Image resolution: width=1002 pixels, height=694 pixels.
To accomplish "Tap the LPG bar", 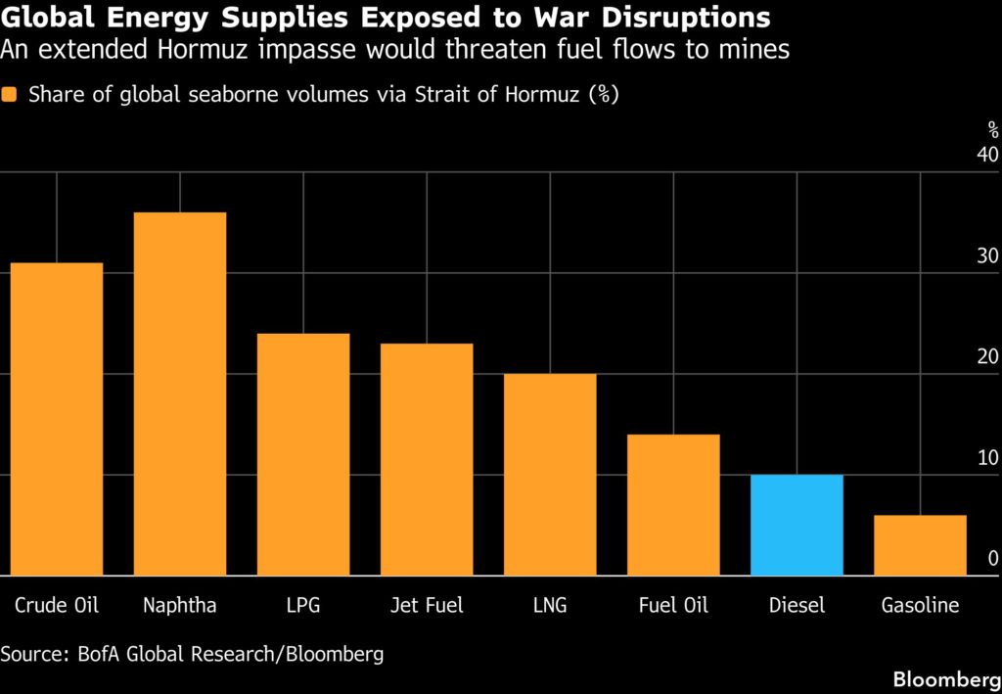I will [x=303, y=454].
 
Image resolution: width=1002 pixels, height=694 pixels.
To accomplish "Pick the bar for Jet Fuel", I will [x=427, y=459].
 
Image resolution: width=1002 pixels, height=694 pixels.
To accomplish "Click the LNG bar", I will [x=550, y=475].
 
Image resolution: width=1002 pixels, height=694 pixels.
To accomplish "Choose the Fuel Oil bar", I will [x=673, y=505].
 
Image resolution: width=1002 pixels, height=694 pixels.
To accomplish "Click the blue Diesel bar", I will [x=797, y=525].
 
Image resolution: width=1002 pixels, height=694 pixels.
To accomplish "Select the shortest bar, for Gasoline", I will [x=920, y=545].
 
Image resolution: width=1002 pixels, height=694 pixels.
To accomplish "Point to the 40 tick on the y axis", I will [x=986, y=156].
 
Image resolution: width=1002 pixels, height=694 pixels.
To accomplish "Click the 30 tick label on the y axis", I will [x=986, y=256].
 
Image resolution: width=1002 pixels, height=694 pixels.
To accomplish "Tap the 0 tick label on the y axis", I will [x=992, y=559].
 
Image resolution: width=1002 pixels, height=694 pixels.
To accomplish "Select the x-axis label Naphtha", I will [x=180, y=606].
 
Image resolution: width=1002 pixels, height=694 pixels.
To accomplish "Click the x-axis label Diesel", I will [x=797, y=606].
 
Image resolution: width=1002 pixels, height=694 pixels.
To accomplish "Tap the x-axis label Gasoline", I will [x=920, y=606].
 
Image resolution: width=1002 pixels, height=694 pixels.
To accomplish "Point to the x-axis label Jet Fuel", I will [x=427, y=606].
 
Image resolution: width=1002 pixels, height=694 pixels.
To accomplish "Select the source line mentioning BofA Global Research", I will [x=192, y=654].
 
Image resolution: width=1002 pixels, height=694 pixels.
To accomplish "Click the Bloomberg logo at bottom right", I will [x=944, y=678].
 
